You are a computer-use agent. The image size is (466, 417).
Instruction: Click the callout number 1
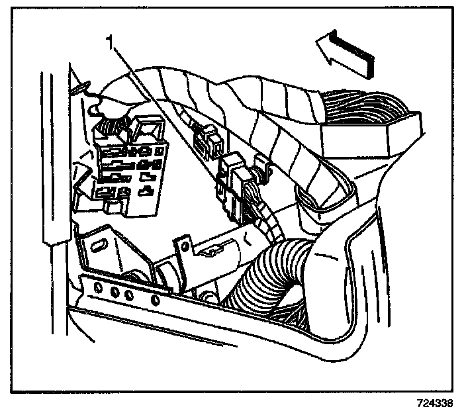click(x=113, y=45)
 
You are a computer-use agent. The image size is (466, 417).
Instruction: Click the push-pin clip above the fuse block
click(x=83, y=85)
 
